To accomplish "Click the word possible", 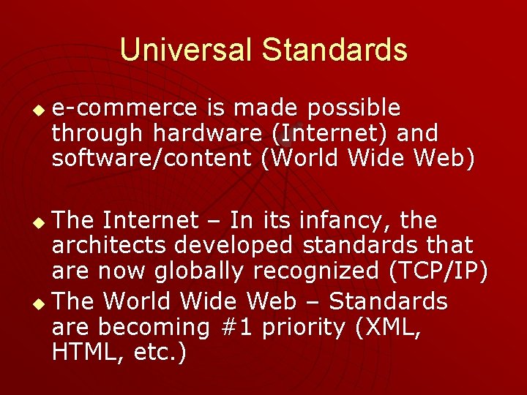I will tap(354, 108).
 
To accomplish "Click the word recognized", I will tap(326, 271).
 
